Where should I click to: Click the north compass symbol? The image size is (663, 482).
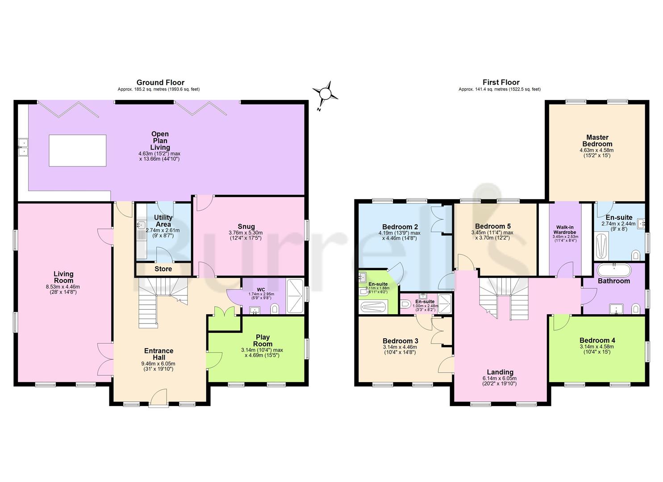(x=325, y=94)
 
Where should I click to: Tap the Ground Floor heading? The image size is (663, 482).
(x=160, y=83)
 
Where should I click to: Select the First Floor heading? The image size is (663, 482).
(x=500, y=83)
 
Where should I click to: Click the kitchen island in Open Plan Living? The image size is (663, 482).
(x=78, y=150)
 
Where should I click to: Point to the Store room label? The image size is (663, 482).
(x=163, y=269)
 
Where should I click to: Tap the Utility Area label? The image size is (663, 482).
(x=163, y=220)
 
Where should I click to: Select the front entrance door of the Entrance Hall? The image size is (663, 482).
(x=159, y=399)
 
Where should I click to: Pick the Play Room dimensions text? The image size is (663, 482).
(x=263, y=353)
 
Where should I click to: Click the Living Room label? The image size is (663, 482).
(x=63, y=277)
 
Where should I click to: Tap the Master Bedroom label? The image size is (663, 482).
(x=597, y=141)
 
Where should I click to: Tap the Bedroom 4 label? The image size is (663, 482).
(x=597, y=340)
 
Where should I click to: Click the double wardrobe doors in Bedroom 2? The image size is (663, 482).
(x=436, y=219)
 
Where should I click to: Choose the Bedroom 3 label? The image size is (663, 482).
(x=400, y=341)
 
